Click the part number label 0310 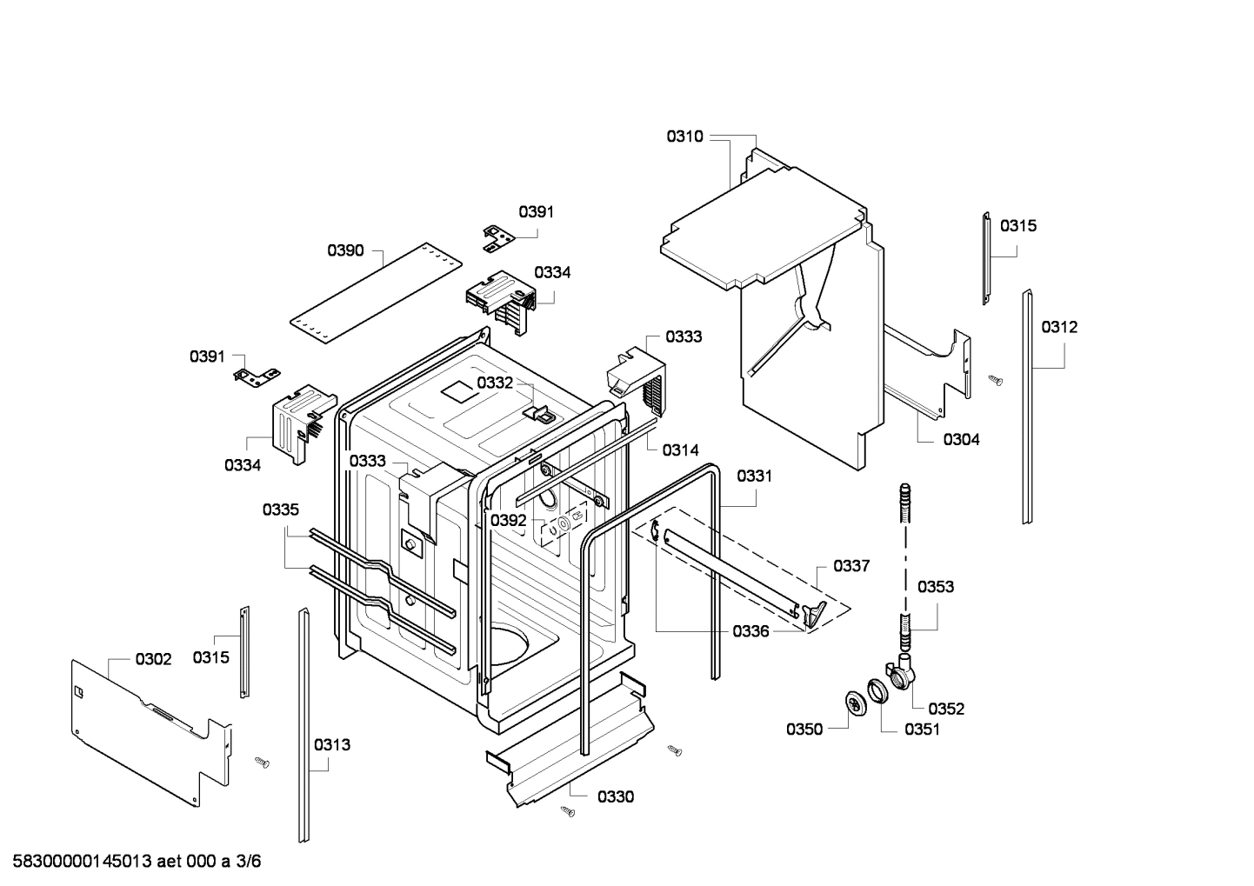[685, 137]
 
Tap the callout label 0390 [345, 250]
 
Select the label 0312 [1059, 327]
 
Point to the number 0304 [961, 439]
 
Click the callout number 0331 [754, 476]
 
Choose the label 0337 [850, 566]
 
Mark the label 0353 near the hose [936, 586]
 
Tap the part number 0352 [946, 709]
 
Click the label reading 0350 [804, 729]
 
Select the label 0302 [153, 659]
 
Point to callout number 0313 [332, 744]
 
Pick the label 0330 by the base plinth [615, 796]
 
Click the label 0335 [281, 510]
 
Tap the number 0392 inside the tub [508, 520]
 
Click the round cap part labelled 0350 [857, 701]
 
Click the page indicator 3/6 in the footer [249, 862]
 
